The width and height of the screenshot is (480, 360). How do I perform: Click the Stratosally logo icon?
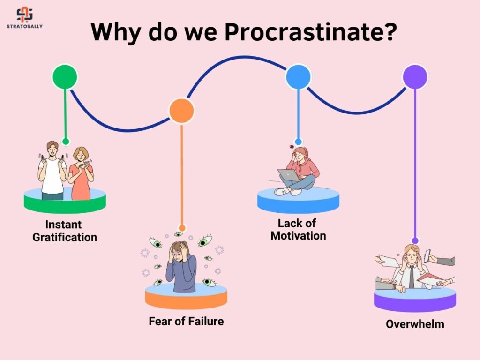(x=24, y=15)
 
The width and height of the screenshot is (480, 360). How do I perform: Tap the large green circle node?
(x=65, y=76)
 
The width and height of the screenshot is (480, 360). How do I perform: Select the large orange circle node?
(x=181, y=111)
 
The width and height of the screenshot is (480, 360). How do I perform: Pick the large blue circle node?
(x=298, y=77)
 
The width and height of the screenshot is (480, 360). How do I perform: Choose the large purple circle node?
(x=415, y=76)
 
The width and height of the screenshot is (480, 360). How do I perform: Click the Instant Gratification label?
(x=65, y=231)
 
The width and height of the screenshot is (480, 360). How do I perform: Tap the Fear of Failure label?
(x=186, y=321)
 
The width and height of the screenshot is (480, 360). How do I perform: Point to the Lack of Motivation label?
(x=298, y=230)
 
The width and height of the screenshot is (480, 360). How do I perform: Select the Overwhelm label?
(x=415, y=324)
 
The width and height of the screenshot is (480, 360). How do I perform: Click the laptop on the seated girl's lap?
(x=288, y=175)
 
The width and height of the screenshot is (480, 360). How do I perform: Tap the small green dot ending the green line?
(x=66, y=141)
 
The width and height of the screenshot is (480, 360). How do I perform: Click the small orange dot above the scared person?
(x=182, y=228)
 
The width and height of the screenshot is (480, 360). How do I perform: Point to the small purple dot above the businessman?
(x=415, y=240)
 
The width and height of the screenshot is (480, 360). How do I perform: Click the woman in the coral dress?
(x=81, y=174)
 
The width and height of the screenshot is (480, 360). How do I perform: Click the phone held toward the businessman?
(x=427, y=255)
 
